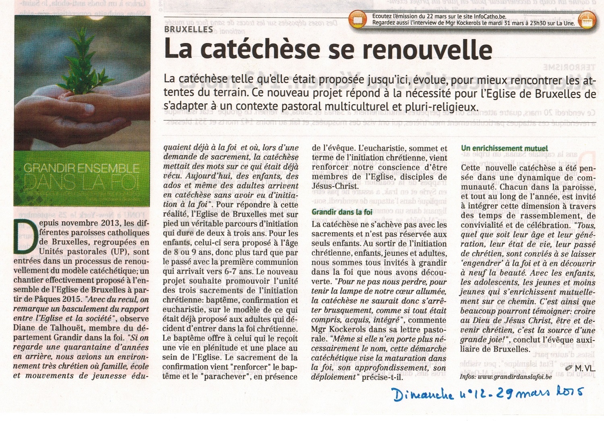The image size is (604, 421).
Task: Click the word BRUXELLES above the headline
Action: [x=188, y=29]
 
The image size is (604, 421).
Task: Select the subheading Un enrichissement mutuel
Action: [x=505, y=148]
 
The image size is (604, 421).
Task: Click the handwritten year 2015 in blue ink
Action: [x=567, y=392]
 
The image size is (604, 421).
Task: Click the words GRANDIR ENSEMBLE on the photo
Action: [x=81, y=167]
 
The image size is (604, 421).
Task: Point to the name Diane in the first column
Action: [x=25, y=328]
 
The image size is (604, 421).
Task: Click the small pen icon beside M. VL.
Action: [x=569, y=368]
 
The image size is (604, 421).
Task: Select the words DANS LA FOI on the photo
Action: [x=81, y=182]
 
